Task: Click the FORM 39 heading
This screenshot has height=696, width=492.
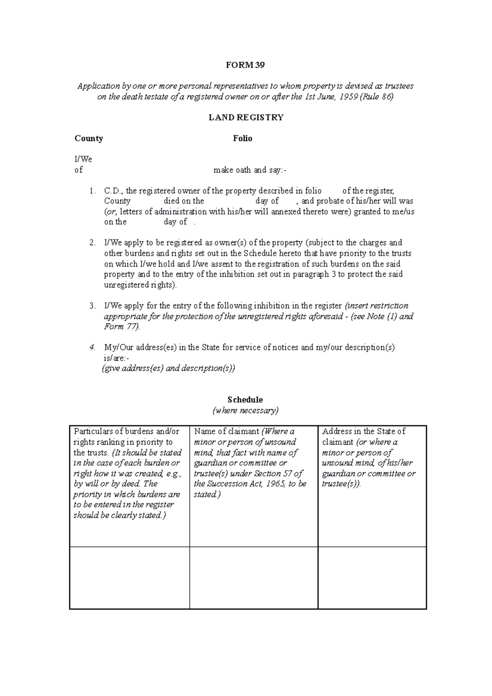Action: tap(246, 65)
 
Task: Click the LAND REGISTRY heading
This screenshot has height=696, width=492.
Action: tap(246, 118)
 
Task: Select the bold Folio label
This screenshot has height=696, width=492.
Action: tap(243, 139)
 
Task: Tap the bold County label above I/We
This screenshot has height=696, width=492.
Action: tap(89, 139)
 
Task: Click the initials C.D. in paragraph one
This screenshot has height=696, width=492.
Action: tap(114, 191)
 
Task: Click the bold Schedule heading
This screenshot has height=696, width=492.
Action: tap(246, 400)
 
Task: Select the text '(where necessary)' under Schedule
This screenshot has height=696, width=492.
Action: tap(246, 410)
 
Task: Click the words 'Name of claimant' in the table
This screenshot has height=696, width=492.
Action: tap(227, 432)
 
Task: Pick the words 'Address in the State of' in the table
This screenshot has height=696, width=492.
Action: tap(364, 432)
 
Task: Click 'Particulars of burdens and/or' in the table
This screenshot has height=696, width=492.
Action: tap(126, 432)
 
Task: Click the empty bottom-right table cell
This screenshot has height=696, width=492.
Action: tap(372, 578)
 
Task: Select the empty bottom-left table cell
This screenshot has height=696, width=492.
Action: tap(130, 578)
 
